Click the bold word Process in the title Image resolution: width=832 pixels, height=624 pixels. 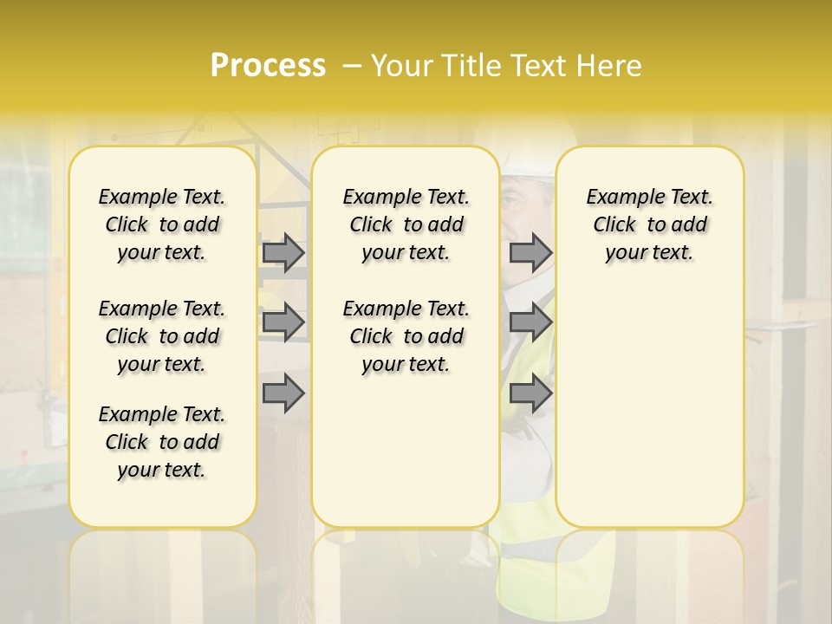268,66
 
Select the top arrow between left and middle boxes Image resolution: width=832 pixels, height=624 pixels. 283,252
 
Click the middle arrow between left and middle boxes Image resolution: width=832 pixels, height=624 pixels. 283,322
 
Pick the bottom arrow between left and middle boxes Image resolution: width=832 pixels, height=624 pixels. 283,393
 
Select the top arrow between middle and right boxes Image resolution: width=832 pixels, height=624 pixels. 530,252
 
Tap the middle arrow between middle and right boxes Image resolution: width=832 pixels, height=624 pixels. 530,322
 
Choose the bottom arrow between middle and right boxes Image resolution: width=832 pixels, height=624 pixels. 530,393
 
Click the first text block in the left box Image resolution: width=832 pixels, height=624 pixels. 162,224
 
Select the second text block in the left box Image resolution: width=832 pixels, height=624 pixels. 162,336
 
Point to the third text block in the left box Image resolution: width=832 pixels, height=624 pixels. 162,442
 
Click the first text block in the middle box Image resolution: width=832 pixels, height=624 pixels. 406,224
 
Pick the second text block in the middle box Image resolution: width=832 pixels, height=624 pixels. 406,336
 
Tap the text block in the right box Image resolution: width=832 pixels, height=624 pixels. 650,224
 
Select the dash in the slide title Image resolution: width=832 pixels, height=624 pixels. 352,66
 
